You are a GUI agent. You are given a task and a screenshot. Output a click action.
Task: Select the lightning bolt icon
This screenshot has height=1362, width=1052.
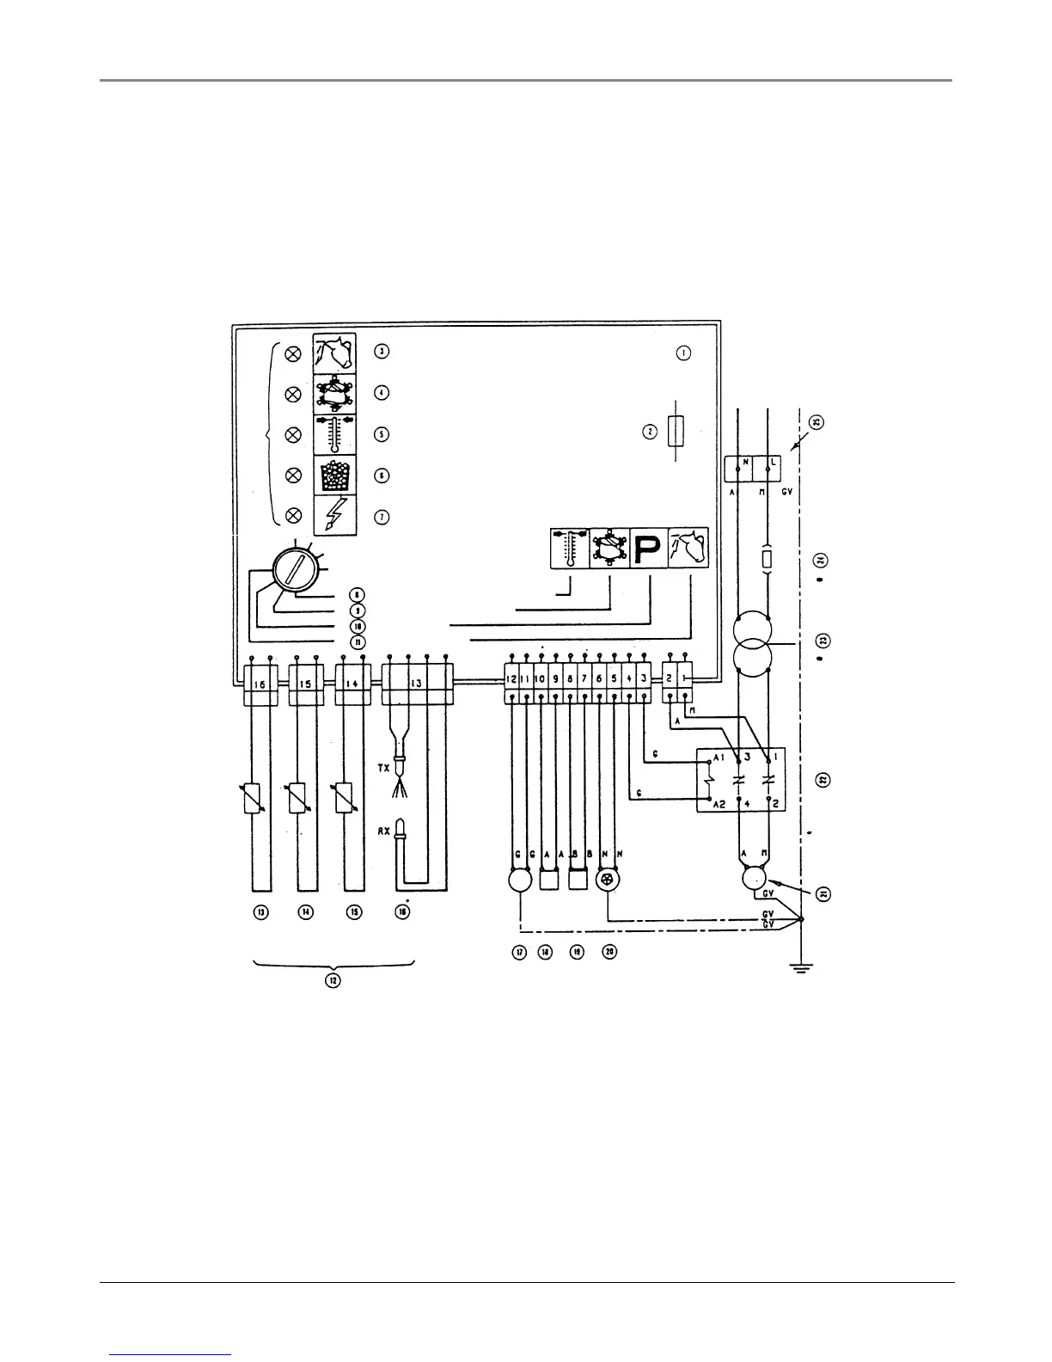pos(333,515)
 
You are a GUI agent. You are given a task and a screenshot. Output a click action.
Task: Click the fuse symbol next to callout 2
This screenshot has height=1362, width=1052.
pos(676,431)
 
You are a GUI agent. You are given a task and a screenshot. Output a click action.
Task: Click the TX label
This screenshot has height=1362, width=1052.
pos(384,765)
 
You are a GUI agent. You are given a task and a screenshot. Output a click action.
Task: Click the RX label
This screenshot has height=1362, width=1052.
pos(384,831)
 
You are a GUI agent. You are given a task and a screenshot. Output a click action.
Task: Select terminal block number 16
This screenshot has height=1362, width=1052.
pos(261,683)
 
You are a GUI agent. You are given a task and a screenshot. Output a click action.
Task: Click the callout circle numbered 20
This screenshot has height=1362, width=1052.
pos(609,952)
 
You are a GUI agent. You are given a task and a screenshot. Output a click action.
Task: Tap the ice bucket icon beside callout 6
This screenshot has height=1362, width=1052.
pos(333,475)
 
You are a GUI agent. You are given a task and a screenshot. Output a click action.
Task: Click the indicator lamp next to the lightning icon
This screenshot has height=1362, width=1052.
pos(292,515)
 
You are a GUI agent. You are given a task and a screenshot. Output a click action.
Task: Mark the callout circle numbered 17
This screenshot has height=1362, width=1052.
pos(520,952)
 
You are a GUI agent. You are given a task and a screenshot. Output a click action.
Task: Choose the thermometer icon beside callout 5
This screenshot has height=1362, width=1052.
pos(333,433)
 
